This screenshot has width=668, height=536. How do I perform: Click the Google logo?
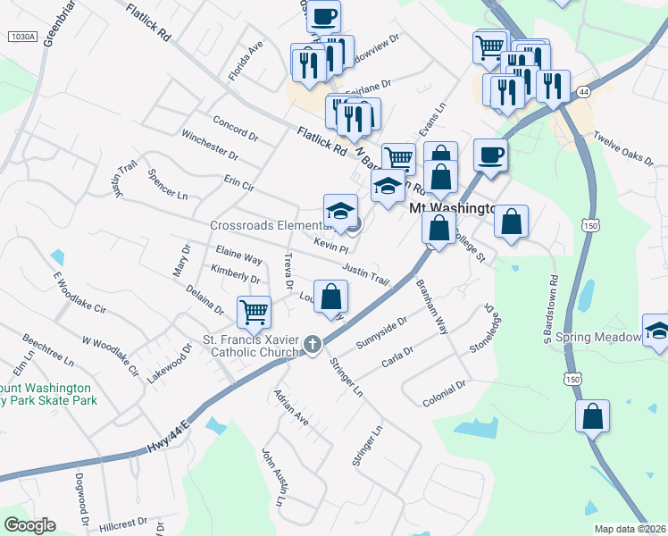click(x=29, y=524)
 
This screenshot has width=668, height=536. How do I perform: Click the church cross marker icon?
click(x=313, y=344)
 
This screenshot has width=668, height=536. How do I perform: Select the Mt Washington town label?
click(x=452, y=207)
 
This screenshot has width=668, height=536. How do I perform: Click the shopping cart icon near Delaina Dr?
click(x=255, y=313)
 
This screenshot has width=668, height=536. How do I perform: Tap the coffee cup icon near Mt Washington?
click(x=490, y=155)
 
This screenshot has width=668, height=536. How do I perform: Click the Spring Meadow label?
click(x=598, y=338)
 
